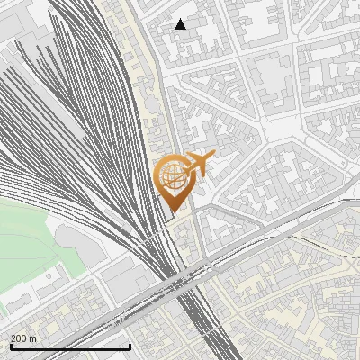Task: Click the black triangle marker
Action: point(181,24)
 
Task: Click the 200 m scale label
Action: point(23,338)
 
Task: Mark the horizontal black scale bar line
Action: point(70,346)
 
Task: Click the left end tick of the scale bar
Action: point(10,346)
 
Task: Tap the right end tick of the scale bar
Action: point(130,346)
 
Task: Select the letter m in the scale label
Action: point(33,338)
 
